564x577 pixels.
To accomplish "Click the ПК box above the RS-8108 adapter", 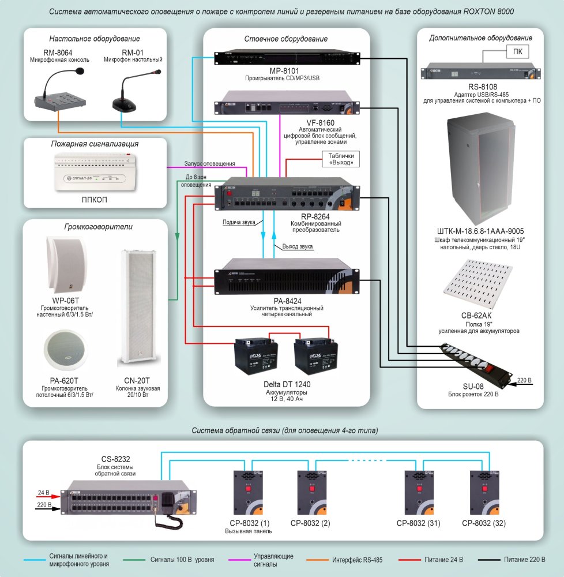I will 517,53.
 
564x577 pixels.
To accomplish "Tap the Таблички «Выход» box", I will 341,159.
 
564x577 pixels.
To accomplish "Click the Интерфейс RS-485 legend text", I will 358,560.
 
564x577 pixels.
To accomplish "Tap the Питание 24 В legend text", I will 443,560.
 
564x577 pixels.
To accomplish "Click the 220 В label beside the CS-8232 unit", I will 44,505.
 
